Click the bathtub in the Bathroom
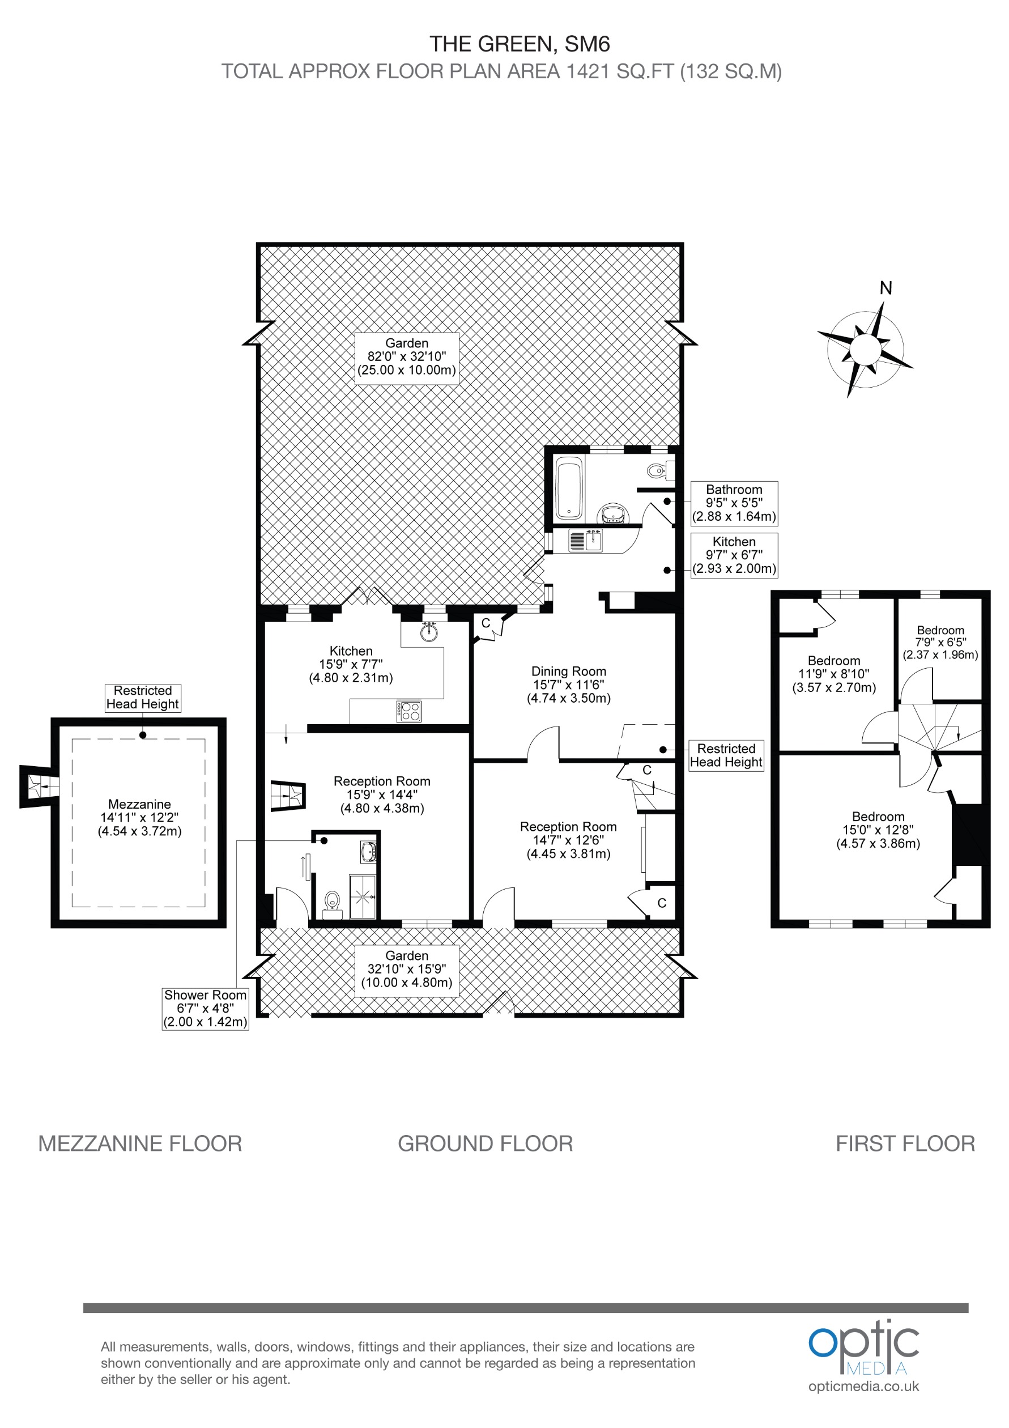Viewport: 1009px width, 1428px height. pyautogui.click(x=568, y=489)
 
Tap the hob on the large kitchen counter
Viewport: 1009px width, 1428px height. pyautogui.click(x=408, y=711)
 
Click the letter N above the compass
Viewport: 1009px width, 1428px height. pyautogui.click(x=886, y=288)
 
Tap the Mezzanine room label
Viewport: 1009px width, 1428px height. pyautogui.click(x=139, y=817)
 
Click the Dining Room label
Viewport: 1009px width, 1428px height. pyautogui.click(x=568, y=684)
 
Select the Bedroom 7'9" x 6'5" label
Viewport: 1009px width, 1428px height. pyautogui.click(x=940, y=643)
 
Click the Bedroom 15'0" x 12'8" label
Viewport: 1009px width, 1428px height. pyautogui.click(x=878, y=830)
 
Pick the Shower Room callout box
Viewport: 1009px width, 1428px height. pyautogui.click(x=205, y=1008)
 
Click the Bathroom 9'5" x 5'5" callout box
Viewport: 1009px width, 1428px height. pyautogui.click(x=734, y=503)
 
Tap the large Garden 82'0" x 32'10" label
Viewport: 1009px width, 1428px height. pyautogui.click(x=407, y=357)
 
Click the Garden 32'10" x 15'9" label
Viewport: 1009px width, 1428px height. pyautogui.click(x=407, y=969)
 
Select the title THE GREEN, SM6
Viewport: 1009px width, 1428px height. pyautogui.click(x=519, y=44)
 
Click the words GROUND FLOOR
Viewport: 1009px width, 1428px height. pyautogui.click(x=485, y=1143)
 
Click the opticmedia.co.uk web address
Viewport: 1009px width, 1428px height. pyautogui.click(x=863, y=1386)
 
